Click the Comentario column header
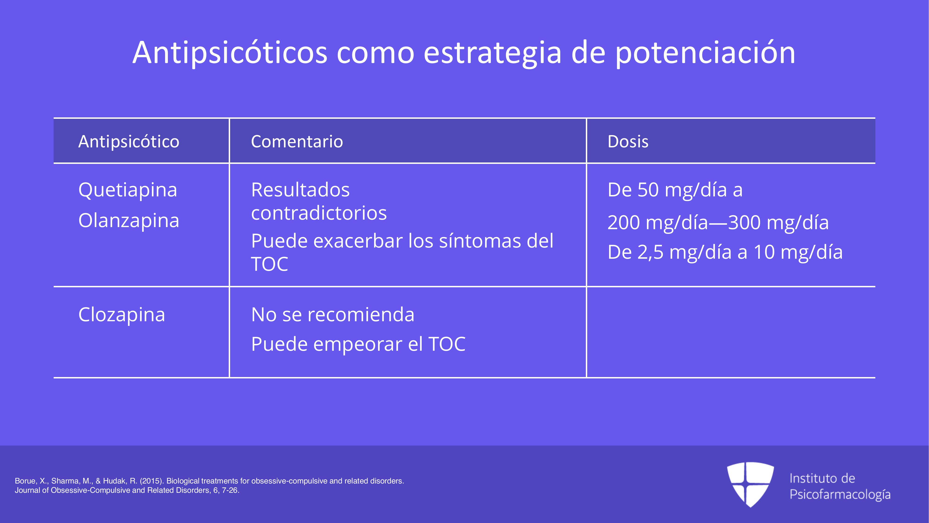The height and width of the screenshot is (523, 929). tap(297, 142)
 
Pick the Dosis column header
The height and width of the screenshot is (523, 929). tap(628, 142)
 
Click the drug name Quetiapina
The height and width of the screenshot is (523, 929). tap(128, 190)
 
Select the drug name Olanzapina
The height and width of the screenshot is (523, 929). tap(129, 221)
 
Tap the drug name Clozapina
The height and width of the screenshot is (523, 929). tap(121, 315)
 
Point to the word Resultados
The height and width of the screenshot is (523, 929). tap(300, 190)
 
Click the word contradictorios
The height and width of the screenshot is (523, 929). tap(319, 213)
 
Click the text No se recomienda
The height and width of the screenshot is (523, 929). tap(332, 315)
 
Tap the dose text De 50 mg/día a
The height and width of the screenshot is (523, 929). tap(675, 190)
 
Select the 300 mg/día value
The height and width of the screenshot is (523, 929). tap(778, 223)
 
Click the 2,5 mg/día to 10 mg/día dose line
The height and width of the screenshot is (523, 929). tap(725, 252)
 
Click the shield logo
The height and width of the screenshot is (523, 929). tap(750, 484)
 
